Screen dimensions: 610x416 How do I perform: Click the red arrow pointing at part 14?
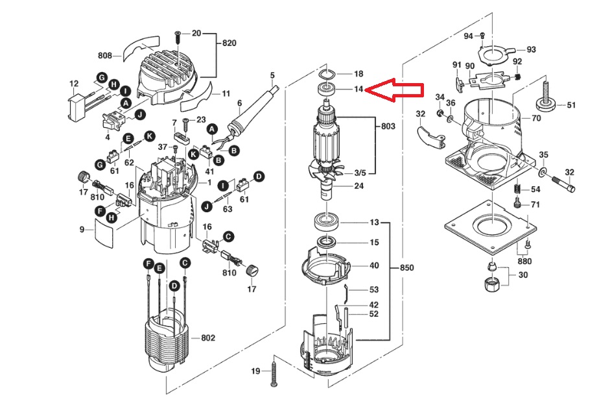[394, 90]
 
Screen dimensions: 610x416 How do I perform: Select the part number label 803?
[388, 126]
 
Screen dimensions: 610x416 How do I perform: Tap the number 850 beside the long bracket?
[407, 268]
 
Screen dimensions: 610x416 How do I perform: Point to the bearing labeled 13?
[327, 223]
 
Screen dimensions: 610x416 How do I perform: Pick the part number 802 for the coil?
[208, 338]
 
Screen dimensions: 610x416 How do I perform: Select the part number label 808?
[104, 56]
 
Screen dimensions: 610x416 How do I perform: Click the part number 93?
[531, 49]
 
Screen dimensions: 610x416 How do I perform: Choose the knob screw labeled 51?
[545, 97]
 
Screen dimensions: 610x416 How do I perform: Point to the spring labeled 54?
[517, 188]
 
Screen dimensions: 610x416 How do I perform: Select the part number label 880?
[524, 261]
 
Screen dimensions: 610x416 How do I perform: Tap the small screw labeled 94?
[482, 35]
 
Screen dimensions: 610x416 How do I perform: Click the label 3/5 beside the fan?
[360, 173]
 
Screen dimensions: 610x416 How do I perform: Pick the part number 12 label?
[74, 84]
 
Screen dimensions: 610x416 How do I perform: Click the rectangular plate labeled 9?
[104, 233]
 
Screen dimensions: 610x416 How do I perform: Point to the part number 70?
[536, 117]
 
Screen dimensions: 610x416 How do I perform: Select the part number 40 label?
[374, 265]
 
